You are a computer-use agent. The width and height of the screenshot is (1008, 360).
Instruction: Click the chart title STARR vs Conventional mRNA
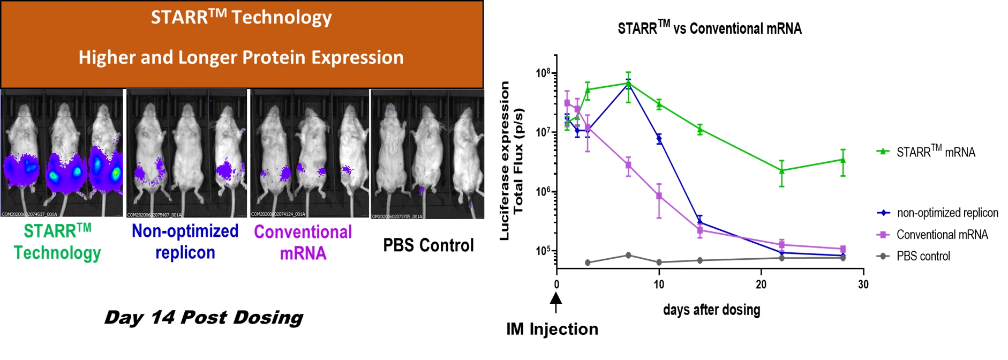pos(709,28)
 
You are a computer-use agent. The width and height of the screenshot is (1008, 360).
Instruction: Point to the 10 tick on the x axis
pos(659,284)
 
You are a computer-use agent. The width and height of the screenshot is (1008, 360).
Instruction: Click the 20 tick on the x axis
pos(761,284)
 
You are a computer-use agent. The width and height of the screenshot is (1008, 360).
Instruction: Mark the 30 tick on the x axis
pos(863,284)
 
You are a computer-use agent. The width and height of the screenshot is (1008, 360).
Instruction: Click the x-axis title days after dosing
pos(711,310)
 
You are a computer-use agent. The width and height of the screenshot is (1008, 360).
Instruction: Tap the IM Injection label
pos(552,329)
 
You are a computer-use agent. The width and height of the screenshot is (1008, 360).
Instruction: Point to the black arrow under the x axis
pos(556,302)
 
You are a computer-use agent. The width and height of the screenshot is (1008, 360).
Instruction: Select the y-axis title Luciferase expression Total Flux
pos(511,161)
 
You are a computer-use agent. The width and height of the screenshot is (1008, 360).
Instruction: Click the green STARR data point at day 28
pos(843,160)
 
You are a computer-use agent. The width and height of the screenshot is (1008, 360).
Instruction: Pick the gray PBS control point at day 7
pos(628,255)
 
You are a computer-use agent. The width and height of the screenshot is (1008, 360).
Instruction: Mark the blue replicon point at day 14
pos(700,222)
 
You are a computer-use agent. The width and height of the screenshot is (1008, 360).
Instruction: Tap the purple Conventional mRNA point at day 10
pos(659,196)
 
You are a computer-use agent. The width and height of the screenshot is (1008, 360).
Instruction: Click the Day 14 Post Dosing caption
pos(204,318)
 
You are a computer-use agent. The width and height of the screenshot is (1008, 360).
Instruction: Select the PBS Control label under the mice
pos(428,245)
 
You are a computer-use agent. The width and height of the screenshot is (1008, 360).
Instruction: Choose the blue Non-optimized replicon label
pos(185,242)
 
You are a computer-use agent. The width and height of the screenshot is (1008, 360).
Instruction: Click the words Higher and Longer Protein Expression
pos(241,57)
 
